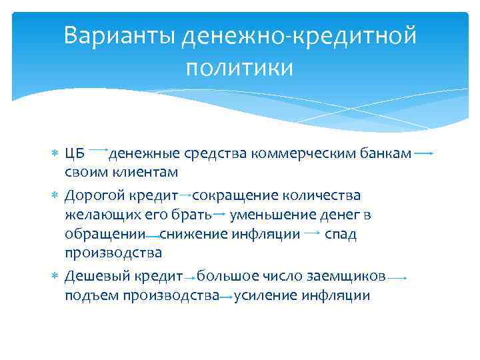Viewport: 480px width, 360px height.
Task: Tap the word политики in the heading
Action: (x=240, y=67)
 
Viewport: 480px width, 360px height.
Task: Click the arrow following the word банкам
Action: (x=424, y=153)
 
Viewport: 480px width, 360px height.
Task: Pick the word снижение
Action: (x=190, y=234)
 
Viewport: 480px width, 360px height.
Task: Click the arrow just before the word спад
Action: (x=310, y=233)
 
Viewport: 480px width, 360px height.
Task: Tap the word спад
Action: (x=341, y=234)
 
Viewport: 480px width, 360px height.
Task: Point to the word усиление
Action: (x=264, y=295)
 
